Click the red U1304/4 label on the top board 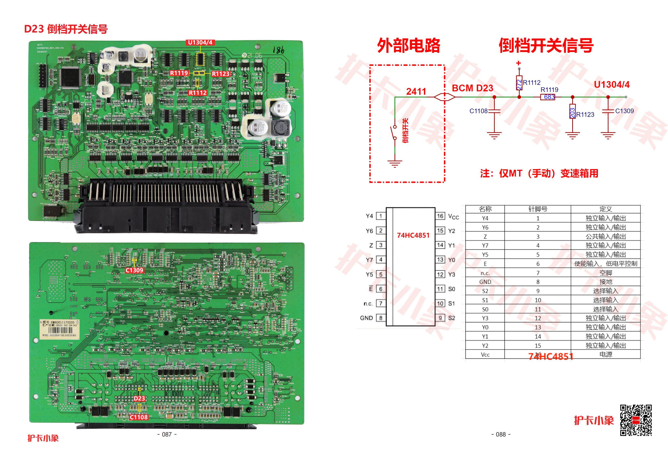200,43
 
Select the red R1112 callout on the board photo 198,93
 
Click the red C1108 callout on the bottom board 139,417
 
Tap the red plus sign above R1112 519,63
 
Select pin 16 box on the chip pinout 440,216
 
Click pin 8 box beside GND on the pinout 381,318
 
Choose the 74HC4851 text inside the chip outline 413,235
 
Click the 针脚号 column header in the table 538,209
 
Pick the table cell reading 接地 605,282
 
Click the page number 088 501,434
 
